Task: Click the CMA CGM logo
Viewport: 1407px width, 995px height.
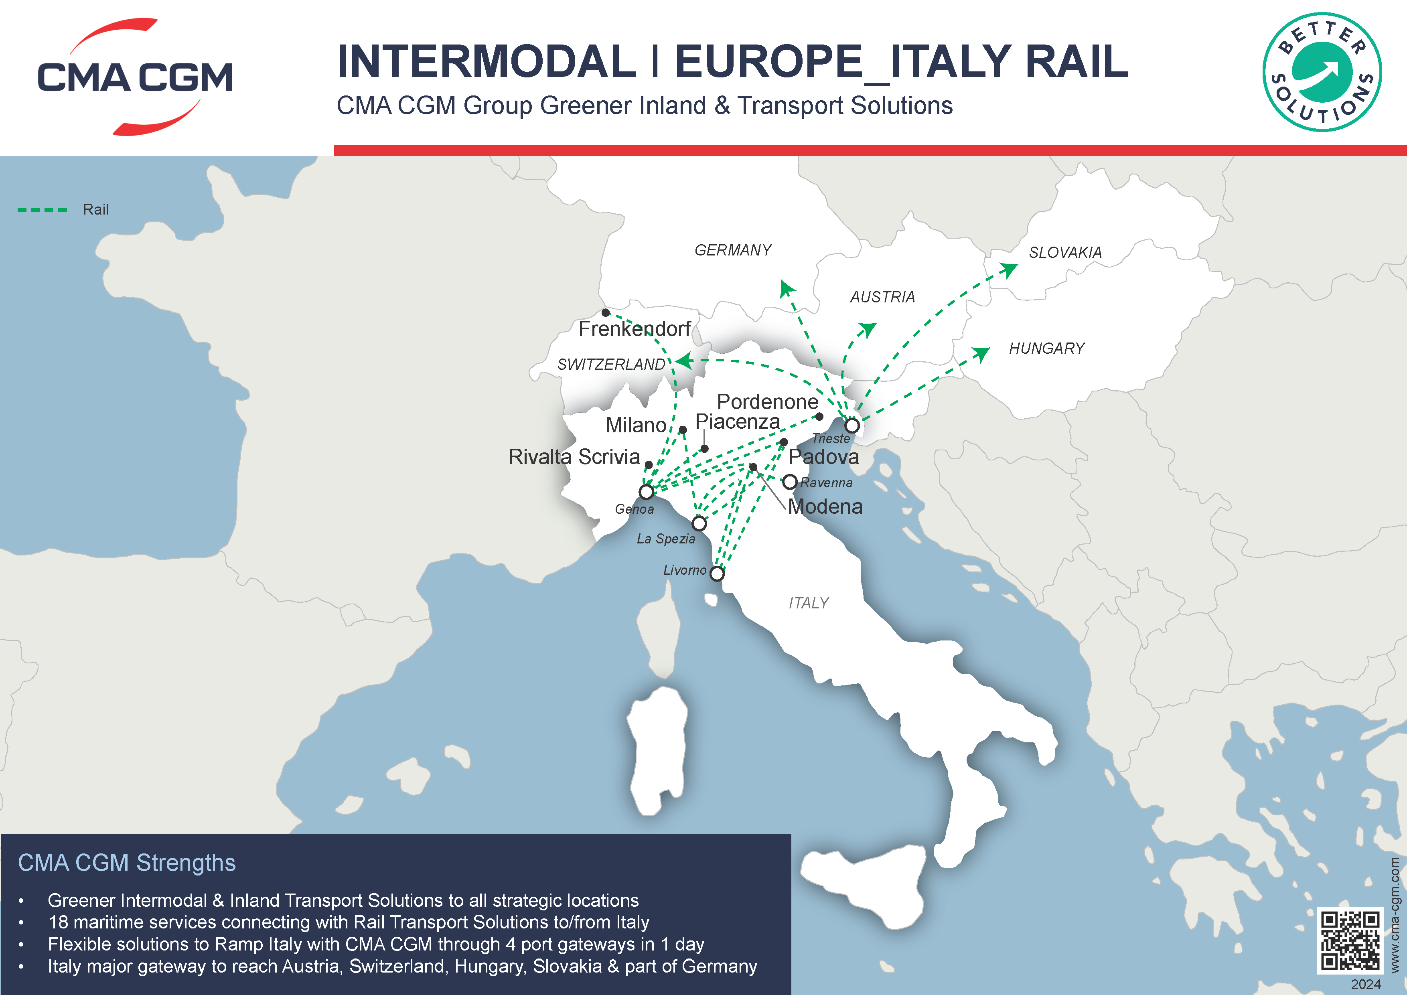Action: (x=135, y=77)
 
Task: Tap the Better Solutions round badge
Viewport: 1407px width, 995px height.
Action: (x=1322, y=72)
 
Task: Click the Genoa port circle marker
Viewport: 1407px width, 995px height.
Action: (x=646, y=491)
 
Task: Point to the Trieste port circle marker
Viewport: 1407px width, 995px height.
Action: (x=852, y=425)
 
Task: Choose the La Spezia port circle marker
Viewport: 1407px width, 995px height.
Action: (x=699, y=523)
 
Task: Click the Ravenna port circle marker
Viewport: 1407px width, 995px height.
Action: (x=790, y=482)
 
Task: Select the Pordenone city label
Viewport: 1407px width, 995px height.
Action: (x=767, y=402)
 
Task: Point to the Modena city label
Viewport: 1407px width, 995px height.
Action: (x=825, y=507)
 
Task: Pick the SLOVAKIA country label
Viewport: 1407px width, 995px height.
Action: (x=1065, y=252)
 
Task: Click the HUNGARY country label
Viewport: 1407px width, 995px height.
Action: (x=1047, y=349)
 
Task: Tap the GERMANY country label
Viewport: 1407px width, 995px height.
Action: (x=733, y=250)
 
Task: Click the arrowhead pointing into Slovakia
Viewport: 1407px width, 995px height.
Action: (x=1008, y=268)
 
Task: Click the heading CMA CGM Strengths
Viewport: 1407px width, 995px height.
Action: (x=126, y=863)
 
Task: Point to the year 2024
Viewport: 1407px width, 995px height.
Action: (x=1366, y=984)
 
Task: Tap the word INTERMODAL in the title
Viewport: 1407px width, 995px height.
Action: (x=487, y=62)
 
